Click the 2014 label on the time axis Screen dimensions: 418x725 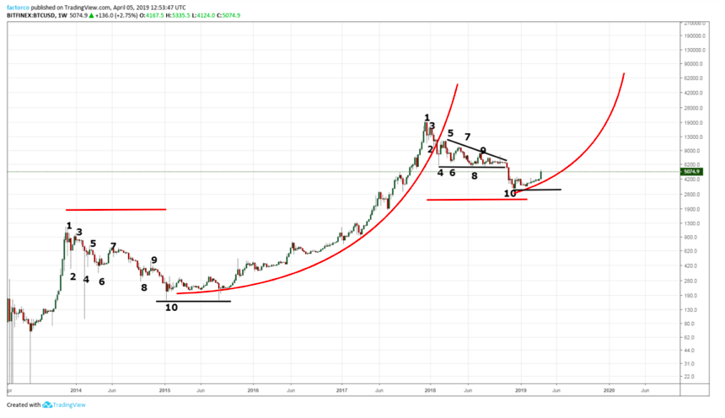pos(76,391)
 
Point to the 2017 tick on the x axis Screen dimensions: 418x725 pos(342,391)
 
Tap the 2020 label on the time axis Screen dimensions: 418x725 pos(610,391)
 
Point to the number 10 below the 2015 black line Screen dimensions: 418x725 pos(171,308)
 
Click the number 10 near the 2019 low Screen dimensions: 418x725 pos(510,193)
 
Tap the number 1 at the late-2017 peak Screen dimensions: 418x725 pos(427,118)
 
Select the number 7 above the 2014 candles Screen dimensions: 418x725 pos(113,246)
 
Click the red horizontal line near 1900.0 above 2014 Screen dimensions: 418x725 pos(115,209)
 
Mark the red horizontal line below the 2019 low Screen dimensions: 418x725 pos(476,200)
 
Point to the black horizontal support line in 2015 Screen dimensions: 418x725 pos(193,301)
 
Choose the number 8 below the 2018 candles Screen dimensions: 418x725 pos(474,176)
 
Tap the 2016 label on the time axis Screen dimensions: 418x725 pos(253,391)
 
